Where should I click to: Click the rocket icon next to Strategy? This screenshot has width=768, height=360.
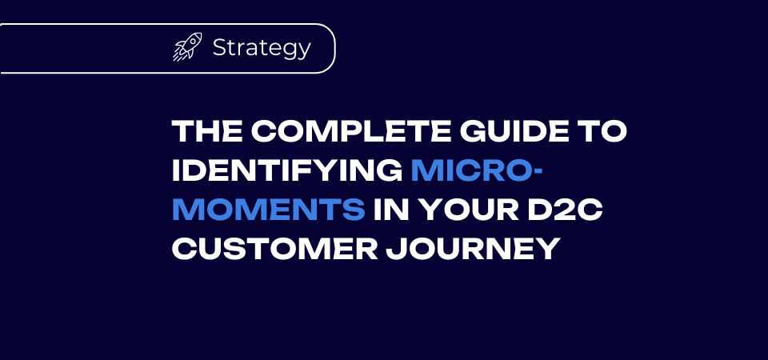[187, 47]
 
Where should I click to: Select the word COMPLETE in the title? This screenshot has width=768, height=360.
[351, 131]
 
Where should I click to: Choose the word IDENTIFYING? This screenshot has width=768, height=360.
[287, 171]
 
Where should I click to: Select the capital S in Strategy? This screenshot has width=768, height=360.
[220, 47]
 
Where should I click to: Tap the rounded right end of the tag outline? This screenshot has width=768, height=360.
[335, 49]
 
